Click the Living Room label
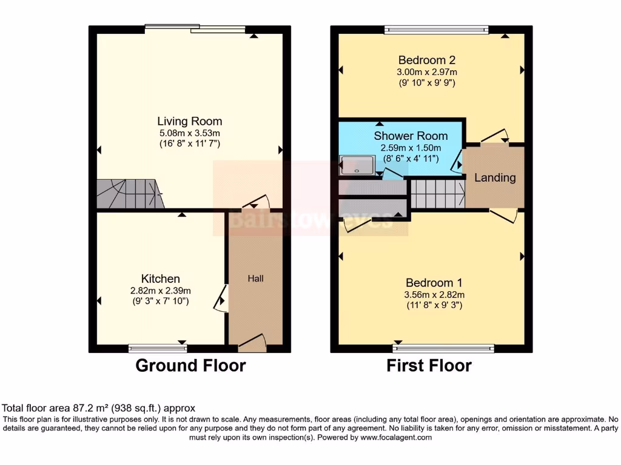coord(189,121)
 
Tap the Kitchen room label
coord(160,279)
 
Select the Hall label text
coord(255,279)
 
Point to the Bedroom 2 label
coord(426,60)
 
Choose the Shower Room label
coord(411,136)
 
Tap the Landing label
coord(495,178)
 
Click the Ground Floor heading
coord(190,366)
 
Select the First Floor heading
coord(429,366)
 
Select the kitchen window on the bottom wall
coord(158,348)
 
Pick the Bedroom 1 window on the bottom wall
coord(443,348)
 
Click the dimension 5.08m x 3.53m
coord(189,133)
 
